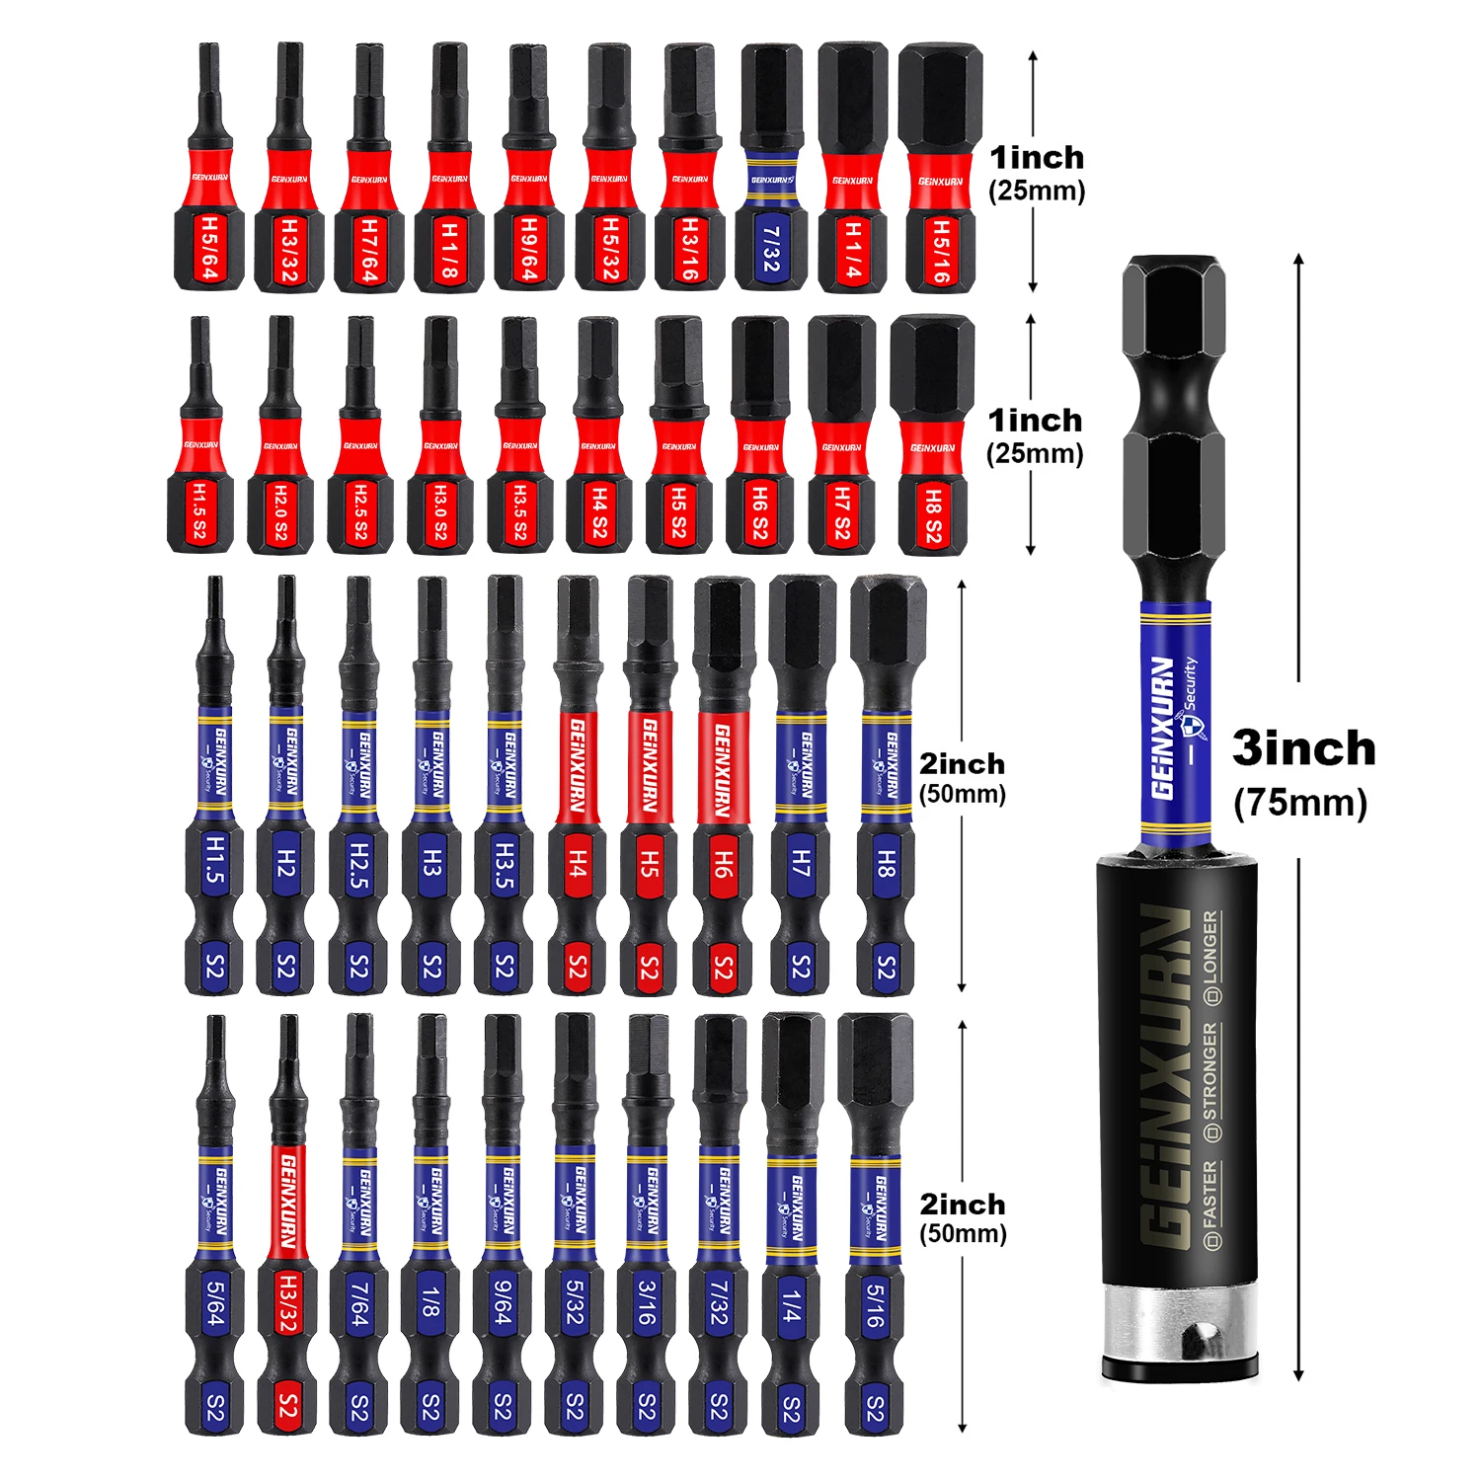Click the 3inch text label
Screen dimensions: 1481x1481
(1303, 747)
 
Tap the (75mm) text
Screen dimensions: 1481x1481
(1300, 802)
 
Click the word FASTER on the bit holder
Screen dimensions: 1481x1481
(1211, 1203)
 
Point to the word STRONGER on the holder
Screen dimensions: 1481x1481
(1211, 1081)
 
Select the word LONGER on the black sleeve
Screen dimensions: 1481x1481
(1211, 956)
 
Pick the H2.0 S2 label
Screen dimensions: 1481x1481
(280, 511)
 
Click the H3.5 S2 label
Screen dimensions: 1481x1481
(520, 511)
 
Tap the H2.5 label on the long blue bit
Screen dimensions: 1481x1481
(358, 865)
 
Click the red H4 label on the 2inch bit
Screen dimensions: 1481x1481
(578, 864)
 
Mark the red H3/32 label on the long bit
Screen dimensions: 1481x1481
(287, 1302)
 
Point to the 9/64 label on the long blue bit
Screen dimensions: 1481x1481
(503, 1302)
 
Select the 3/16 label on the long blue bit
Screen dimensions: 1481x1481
(647, 1302)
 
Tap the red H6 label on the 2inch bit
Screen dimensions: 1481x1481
(723, 864)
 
